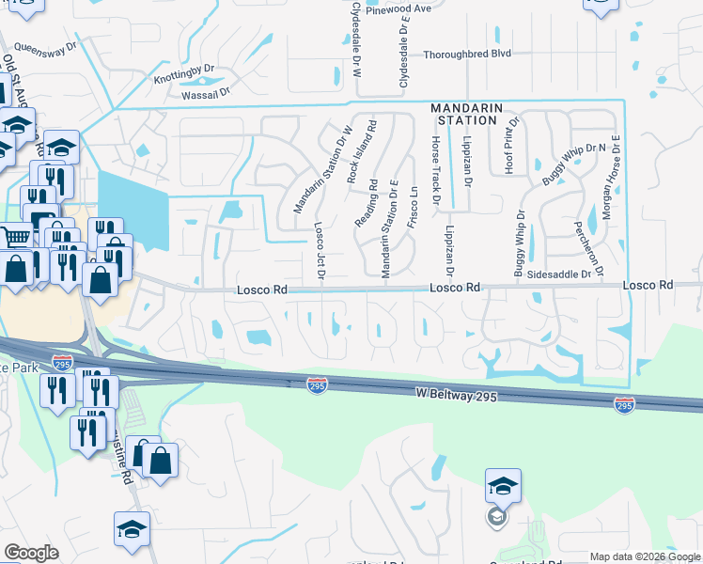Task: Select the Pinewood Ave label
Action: [398, 8]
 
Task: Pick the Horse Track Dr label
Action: [435, 169]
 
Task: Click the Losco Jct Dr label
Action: [320, 251]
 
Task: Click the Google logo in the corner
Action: [30, 553]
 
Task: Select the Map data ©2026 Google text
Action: [644, 556]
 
